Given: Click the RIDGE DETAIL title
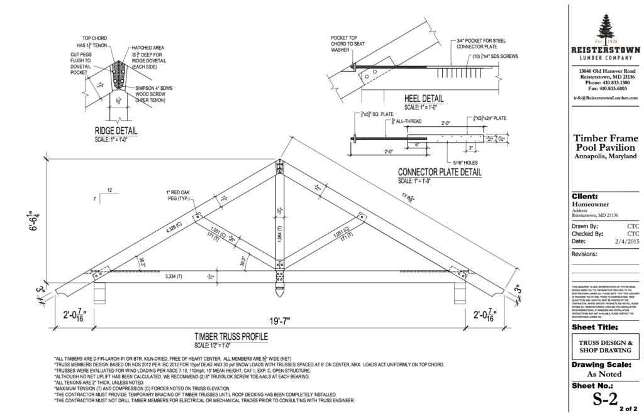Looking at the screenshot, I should coord(116,131).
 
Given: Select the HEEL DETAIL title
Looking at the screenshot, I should coord(424,99).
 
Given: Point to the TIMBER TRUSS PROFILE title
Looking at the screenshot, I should coord(231,337).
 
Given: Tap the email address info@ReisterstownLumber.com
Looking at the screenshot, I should coord(606,98).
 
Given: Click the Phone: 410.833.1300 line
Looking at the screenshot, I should coord(606,82).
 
